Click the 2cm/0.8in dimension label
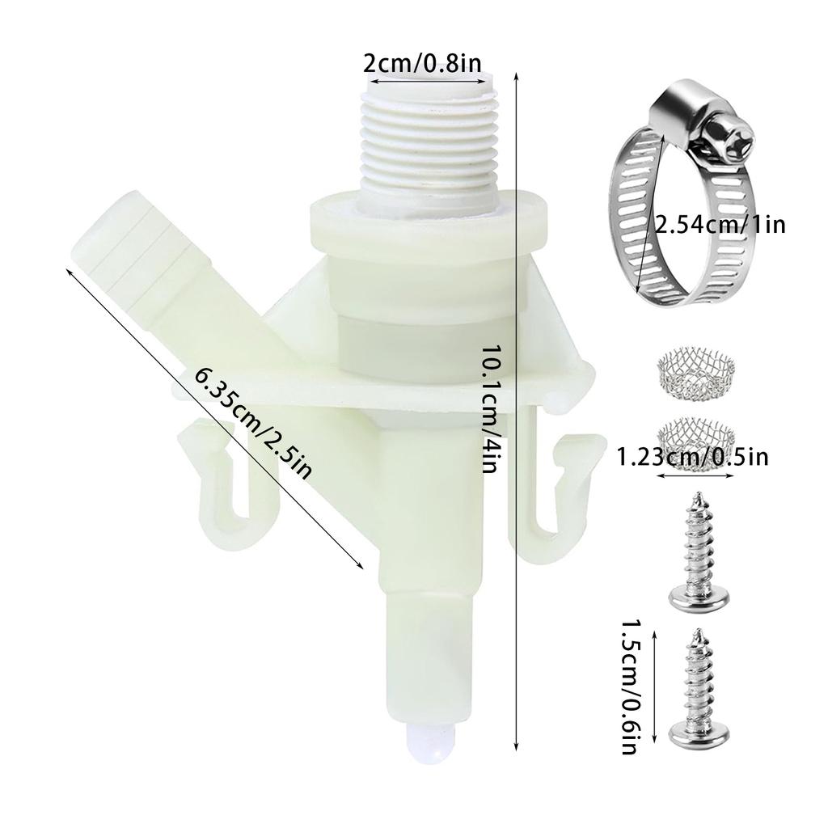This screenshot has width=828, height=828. (x=413, y=63)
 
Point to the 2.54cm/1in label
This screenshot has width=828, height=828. (x=720, y=224)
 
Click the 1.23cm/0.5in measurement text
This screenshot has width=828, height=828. (x=692, y=458)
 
